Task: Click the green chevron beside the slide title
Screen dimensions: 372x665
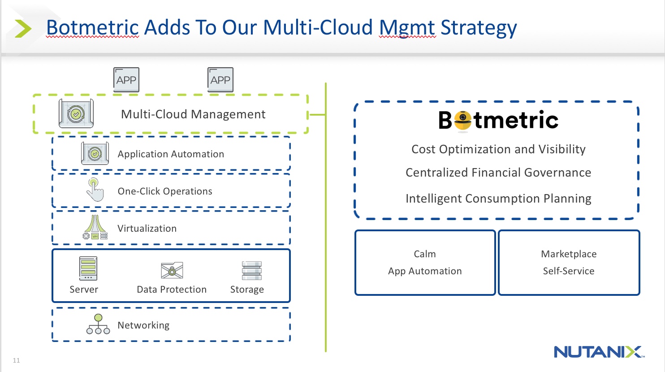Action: click(x=23, y=28)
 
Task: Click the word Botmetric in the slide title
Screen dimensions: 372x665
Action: click(x=92, y=28)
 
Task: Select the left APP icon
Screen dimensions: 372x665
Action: click(x=126, y=80)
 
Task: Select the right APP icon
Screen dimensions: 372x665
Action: click(x=220, y=80)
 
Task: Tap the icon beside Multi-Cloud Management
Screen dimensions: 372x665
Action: click(x=76, y=114)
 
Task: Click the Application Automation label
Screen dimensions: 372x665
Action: click(x=171, y=154)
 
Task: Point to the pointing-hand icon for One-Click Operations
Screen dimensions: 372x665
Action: click(x=95, y=190)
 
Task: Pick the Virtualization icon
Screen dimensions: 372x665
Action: click(x=95, y=227)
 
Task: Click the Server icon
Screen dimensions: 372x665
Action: click(x=88, y=268)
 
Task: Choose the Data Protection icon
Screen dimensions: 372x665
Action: click(x=172, y=271)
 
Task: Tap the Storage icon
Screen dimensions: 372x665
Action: click(x=251, y=271)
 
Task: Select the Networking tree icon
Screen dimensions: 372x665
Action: click(x=98, y=324)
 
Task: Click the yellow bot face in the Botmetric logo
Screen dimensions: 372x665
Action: click(x=462, y=120)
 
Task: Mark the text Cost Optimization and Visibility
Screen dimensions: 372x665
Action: click(x=498, y=149)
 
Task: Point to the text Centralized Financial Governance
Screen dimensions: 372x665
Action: click(x=498, y=173)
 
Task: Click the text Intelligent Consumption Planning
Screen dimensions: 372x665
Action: click(x=498, y=199)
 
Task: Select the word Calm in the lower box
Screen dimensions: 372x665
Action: click(x=425, y=254)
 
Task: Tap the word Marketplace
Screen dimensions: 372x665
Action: click(x=569, y=254)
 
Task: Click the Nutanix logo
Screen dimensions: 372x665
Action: click(x=599, y=352)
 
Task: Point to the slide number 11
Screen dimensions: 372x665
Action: click(x=17, y=360)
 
